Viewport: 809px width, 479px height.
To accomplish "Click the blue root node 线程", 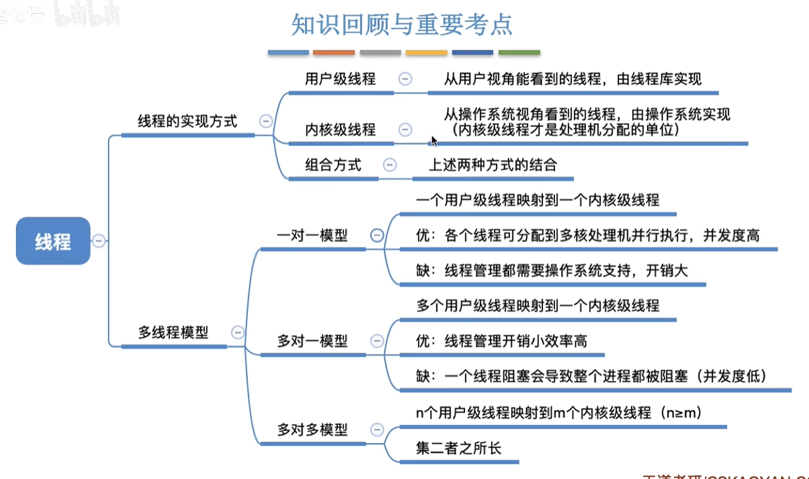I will (53, 241).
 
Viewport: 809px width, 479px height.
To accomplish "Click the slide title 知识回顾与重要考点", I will (402, 25).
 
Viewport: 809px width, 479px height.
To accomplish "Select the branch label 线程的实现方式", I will (187, 121).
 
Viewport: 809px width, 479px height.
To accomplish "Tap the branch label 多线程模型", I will (173, 332).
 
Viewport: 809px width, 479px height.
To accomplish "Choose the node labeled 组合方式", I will (333, 165).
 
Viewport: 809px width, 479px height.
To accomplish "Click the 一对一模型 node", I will (312, 235).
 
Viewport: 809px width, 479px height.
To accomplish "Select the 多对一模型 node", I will (312, 341).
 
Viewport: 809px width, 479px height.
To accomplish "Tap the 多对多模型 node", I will (312, 430).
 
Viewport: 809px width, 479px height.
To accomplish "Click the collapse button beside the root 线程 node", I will (99, 241).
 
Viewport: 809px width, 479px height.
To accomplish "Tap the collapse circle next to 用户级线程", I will (404, 79).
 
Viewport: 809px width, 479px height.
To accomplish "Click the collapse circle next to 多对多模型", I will (377, 430).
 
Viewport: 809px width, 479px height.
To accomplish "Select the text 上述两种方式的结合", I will (492, 165).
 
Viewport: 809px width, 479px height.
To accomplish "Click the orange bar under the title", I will (334, 52).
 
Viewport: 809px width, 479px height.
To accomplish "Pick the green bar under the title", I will (519, 52).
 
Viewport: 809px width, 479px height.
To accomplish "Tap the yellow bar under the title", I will (426, 52).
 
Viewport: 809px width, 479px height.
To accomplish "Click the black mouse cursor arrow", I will (434, 141).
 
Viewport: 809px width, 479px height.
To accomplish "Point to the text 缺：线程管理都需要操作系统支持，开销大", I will (552, 271).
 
